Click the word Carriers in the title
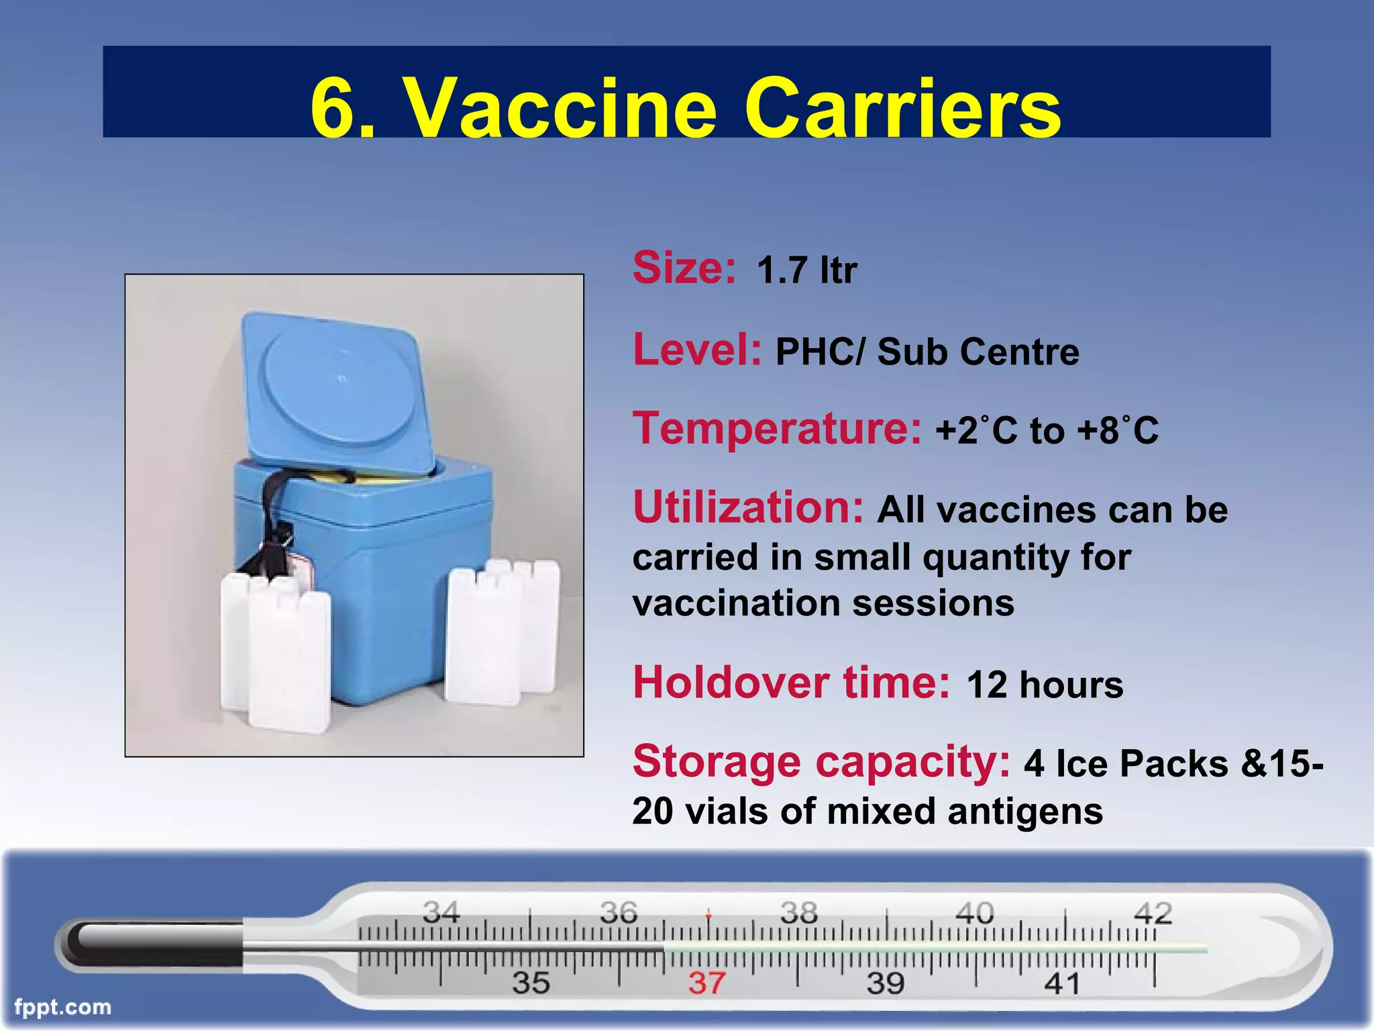tap(902, 107)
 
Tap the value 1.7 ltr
tap(806, 271)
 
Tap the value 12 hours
tap(1045, 685)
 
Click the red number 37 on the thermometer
tap(706, 983)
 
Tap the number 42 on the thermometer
tap(1153, 913)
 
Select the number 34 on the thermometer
tap(441, 913)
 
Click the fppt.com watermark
tap(62, 1008)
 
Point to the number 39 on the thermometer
tap(886, 983)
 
